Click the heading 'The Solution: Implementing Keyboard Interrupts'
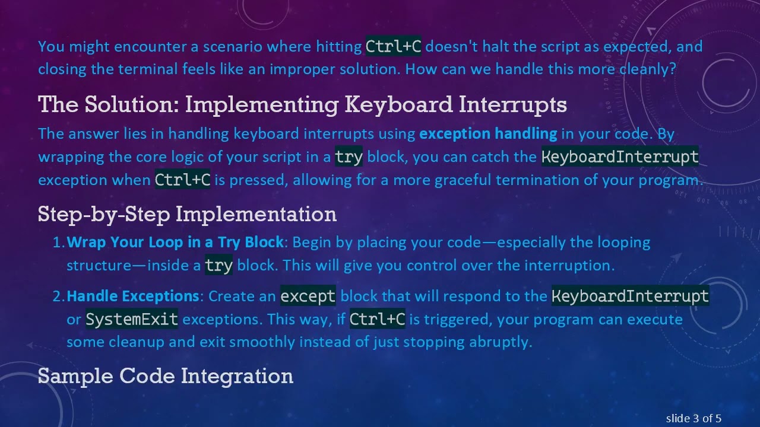tap(302, 105)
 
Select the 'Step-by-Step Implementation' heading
tap(187, 213)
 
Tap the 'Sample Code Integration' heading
tap(166, 376)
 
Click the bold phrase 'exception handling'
tap(488, 134)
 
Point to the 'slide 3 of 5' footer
tap(693, 419)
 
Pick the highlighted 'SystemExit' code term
tap(132, 320)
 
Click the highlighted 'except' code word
tap(308, 296)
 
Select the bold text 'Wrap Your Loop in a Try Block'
tap(175, 243)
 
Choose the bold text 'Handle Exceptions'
tap(132, 296)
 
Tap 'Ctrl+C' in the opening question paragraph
tap(393, 46)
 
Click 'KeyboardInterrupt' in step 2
tap(630, 296)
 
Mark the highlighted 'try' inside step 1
tap(218, 266)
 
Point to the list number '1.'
tap(59, 243)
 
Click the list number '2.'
tap(59, 296)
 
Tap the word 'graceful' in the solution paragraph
tap(463, 180)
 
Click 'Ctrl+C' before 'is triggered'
tap(377, 320)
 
